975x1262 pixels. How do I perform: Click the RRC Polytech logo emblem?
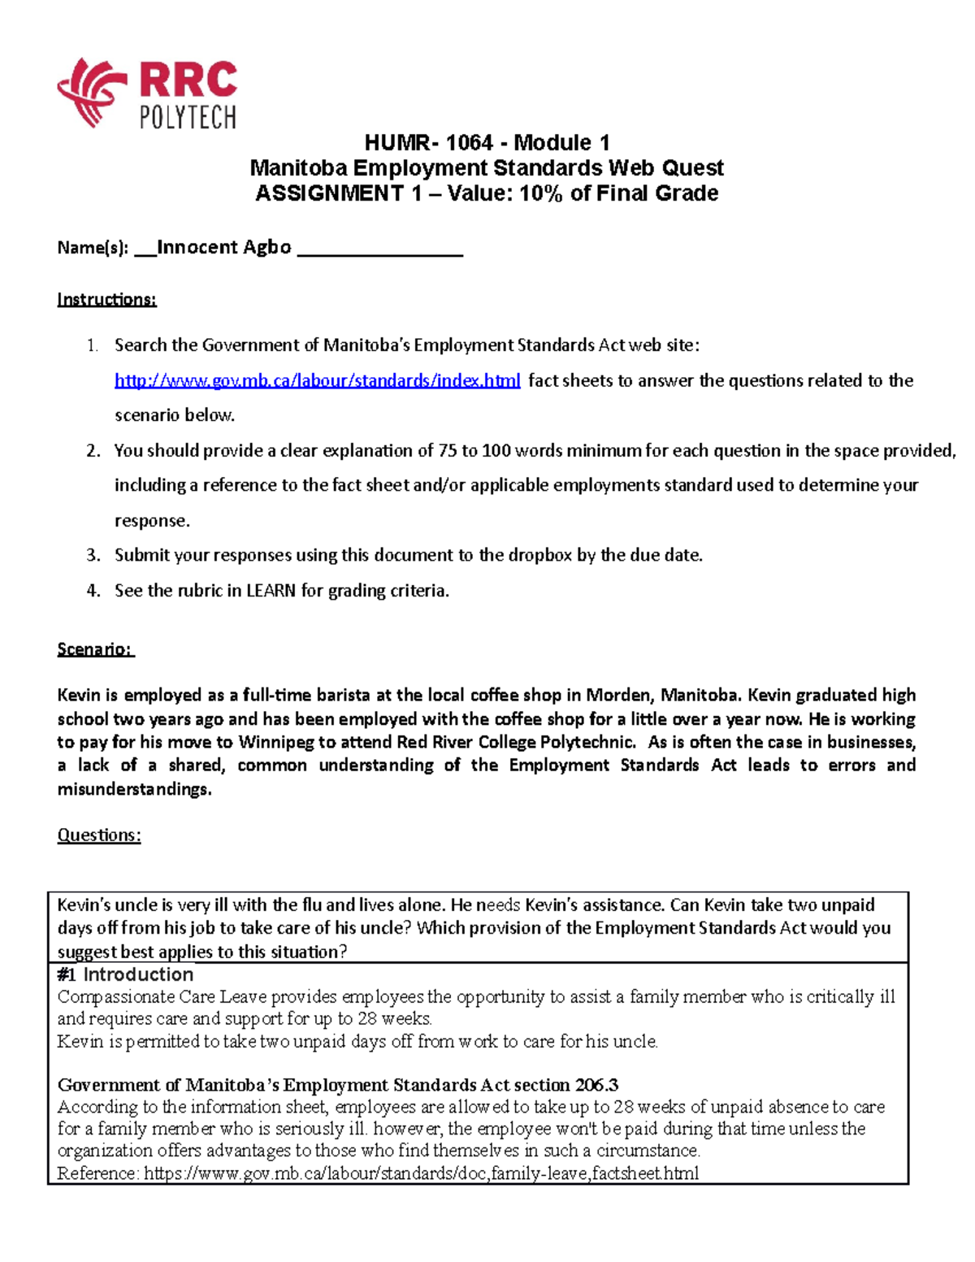point(91,91)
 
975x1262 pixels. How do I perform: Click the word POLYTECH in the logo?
point(188,118)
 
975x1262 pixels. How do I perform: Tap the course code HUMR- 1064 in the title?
point(428,143)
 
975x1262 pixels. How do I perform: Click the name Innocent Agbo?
point(223,247)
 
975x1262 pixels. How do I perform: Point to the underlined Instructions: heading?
point(106,299)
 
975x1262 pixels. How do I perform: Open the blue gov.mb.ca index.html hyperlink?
point(317,380)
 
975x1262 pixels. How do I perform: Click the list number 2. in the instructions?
point(93,450)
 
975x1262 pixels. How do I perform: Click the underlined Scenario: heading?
point(95,649)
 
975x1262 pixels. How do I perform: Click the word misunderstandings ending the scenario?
point(134,789)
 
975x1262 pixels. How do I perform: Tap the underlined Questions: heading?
point(99,835)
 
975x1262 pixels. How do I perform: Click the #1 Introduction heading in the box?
point(125,974)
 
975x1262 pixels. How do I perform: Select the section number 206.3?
point(596,1085)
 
